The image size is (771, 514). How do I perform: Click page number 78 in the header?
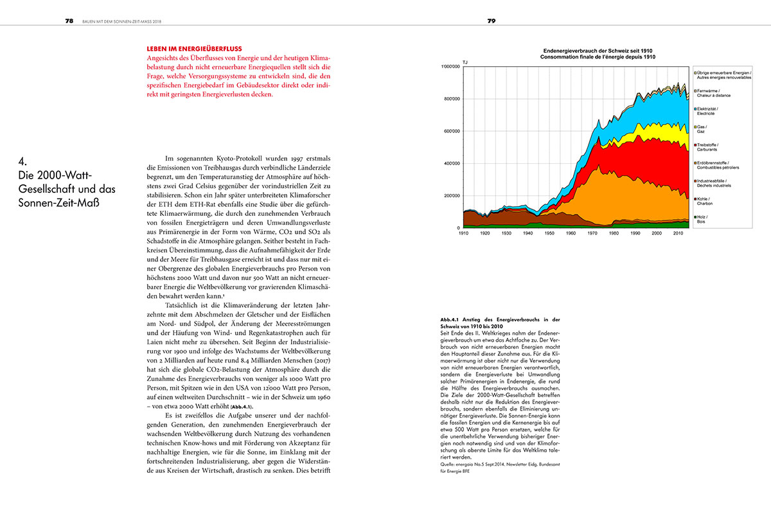69,21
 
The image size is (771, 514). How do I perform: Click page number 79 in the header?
492,21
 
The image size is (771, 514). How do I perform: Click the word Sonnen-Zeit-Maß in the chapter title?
55,204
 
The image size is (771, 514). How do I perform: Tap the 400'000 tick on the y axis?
452,163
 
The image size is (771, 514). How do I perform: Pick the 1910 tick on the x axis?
463,233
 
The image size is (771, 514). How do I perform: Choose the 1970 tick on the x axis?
592,233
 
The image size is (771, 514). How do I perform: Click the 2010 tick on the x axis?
677,233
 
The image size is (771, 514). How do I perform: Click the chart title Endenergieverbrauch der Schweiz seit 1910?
598,51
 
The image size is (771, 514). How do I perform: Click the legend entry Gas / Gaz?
703,129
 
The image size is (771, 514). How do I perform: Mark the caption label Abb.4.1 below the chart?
452,319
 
